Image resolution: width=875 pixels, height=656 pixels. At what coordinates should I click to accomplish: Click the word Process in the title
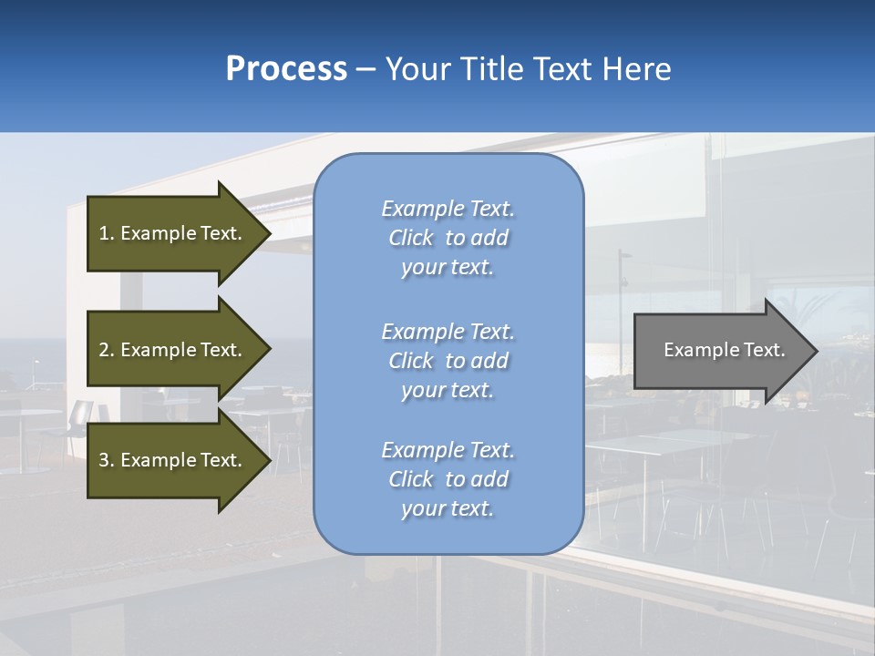[286, 69]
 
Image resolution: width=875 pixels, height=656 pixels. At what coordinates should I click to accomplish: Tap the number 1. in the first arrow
[107, 233]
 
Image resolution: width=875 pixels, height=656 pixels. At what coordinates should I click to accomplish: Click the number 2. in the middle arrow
[107, 350]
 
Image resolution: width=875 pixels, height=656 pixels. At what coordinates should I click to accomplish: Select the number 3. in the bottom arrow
[107, 460]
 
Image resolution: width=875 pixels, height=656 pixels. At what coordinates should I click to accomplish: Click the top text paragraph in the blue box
[448, 238]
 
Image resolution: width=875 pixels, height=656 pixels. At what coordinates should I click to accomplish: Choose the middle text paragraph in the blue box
[448, 361]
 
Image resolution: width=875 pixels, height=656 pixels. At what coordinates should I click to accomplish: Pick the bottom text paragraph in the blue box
[448, 479]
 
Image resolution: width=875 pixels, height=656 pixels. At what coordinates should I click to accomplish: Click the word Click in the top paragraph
[411, 238]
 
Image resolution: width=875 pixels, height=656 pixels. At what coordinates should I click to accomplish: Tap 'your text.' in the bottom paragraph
[448, 508]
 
